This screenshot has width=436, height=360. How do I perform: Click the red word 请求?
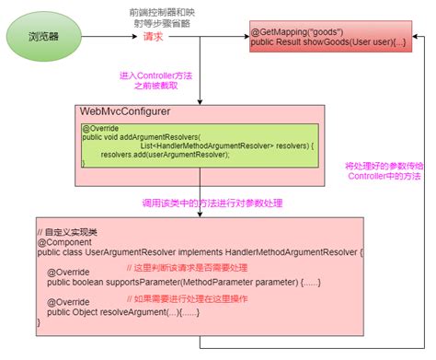153,38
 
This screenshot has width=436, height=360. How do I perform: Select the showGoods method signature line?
326,43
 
